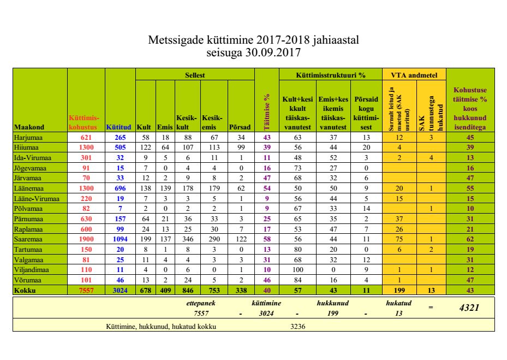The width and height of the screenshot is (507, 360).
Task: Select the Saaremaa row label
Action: pyautogui.click(x=29, y=240)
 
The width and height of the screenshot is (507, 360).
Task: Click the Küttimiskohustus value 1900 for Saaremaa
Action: pyautogui.click(x=86, y=240)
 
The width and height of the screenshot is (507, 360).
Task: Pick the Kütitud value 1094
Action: pyautogui.click(x=120, y=240)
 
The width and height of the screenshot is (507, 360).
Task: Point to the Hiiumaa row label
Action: pyautogui.click(x=27, y=147)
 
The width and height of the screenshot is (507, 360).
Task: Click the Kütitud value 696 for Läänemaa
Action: pyautogui.click(x=120, y=188)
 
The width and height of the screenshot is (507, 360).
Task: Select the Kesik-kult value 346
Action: pyautogui.click(x=186, y=240)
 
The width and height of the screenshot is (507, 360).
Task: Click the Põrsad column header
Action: pyautogui.click(x=240, y=127)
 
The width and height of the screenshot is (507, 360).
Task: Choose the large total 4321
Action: pyautogui.click(x=469, y=308)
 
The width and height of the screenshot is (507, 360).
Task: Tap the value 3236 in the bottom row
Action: pyautogui.click(x=297, y=326)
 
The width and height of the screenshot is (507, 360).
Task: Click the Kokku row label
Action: pyautogui.click(x=25, y=291)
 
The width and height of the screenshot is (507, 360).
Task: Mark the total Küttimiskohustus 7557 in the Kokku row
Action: pyautogui.click(x=86, y=291)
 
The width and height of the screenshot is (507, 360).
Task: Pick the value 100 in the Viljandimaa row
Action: pyautogui.click(x=297, y=270)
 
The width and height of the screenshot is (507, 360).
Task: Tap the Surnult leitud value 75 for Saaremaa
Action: pyautogui.click(x=399, y=240)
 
